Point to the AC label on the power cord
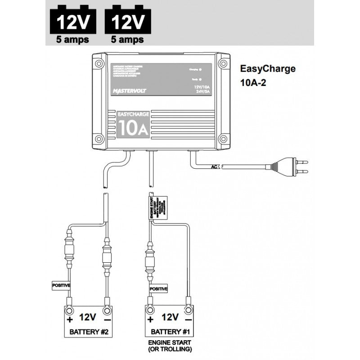[x=215, y=167]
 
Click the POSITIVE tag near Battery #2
[x=61, y=285]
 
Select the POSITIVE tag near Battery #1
[x=158, y=288]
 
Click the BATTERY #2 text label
[x=88, y=333]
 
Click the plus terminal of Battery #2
[x=70, y=310]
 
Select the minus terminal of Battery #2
[x=107, y=310]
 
